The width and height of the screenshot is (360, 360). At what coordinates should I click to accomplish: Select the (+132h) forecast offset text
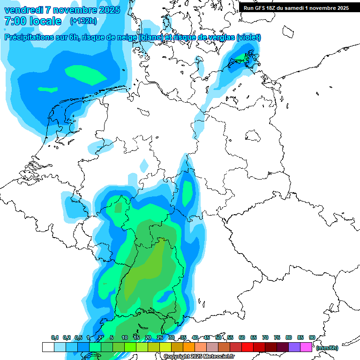83,21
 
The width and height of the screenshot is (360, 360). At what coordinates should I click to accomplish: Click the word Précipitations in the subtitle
30,37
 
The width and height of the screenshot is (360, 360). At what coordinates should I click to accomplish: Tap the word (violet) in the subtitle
248,37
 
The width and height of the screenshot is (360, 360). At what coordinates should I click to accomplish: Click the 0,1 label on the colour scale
55,338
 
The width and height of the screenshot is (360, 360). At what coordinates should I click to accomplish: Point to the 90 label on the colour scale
312,338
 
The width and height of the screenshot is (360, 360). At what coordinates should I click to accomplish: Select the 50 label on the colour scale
218,338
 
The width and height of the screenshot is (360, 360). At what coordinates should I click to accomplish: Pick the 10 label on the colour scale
125,338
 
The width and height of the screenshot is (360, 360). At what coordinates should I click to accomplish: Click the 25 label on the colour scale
160,338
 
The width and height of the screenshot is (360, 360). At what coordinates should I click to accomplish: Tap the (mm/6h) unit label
327,348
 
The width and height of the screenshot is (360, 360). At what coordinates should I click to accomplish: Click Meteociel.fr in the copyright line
218,357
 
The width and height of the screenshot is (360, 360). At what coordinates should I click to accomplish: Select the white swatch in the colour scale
48,347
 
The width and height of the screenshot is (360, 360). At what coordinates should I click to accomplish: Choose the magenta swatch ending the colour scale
306,347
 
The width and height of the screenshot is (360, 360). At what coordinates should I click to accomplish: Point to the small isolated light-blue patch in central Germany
144,165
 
